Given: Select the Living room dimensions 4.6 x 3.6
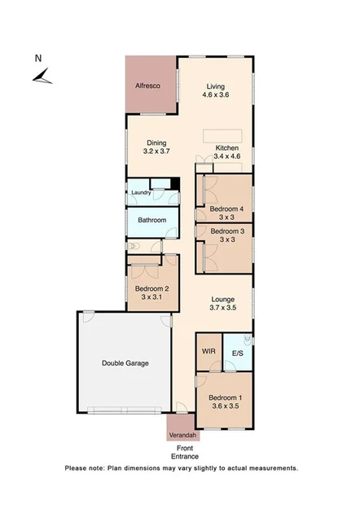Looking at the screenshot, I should click(x=215, y=95).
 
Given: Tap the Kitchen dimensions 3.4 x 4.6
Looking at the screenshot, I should click(x=226, y=157).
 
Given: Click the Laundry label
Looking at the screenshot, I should click(x=141, y=193).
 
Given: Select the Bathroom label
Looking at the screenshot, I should click(x=151, y=220).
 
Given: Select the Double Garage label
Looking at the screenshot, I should click(x=125, y=363).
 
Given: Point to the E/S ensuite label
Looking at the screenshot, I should click(x=238, y=354).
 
